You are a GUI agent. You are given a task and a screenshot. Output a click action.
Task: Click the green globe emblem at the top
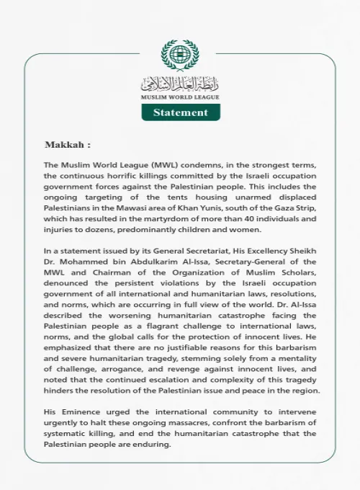[179, 55]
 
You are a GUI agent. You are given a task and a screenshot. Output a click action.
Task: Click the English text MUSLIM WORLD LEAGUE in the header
[179, 97]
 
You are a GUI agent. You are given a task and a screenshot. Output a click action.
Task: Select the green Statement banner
[180, 112]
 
